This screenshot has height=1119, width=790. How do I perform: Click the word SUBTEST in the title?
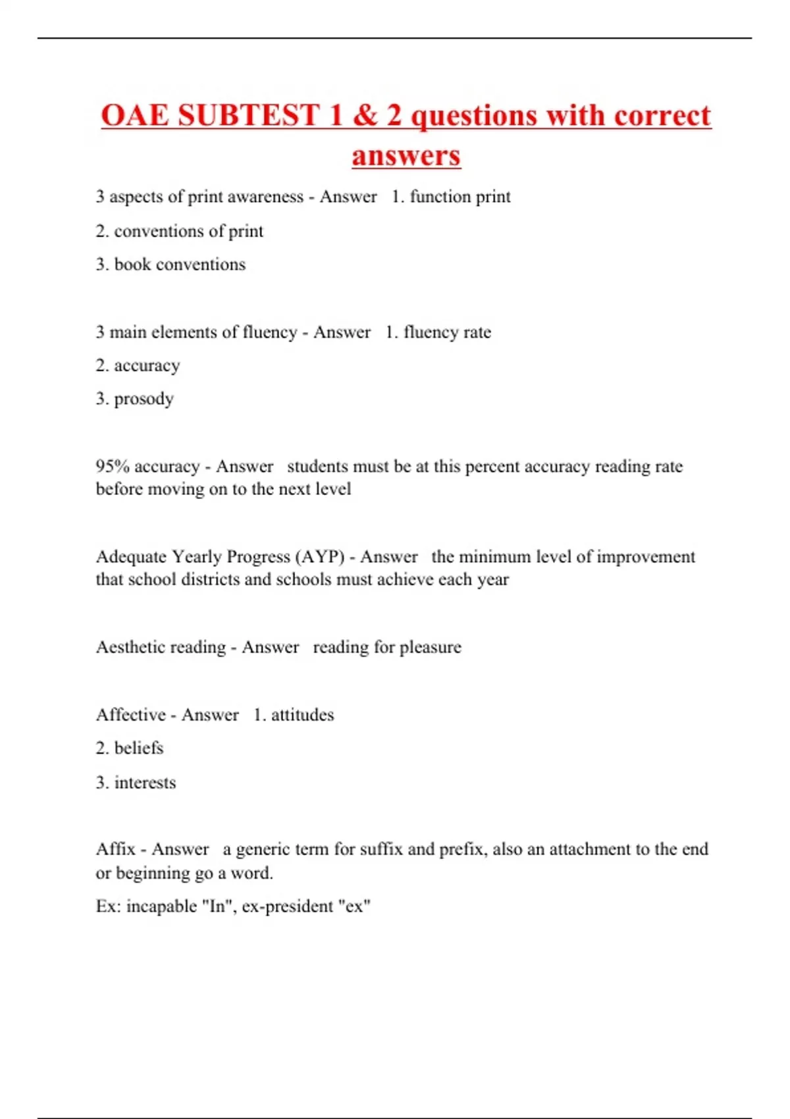[249, 116]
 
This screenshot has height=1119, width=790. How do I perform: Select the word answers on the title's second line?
[406, 157]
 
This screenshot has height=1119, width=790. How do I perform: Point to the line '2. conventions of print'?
[179, 231]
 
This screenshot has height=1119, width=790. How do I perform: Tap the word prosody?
[144, 399]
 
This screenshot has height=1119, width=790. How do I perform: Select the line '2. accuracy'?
[138, 365]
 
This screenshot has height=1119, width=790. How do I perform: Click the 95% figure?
[113, 467]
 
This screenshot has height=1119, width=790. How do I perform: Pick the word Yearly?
[196, 557]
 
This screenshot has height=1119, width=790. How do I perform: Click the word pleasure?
[431, 647]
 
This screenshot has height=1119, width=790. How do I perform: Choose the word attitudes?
[302, 715]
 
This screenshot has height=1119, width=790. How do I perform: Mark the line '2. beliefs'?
[130, 748]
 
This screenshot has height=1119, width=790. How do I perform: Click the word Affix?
[115, 849]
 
